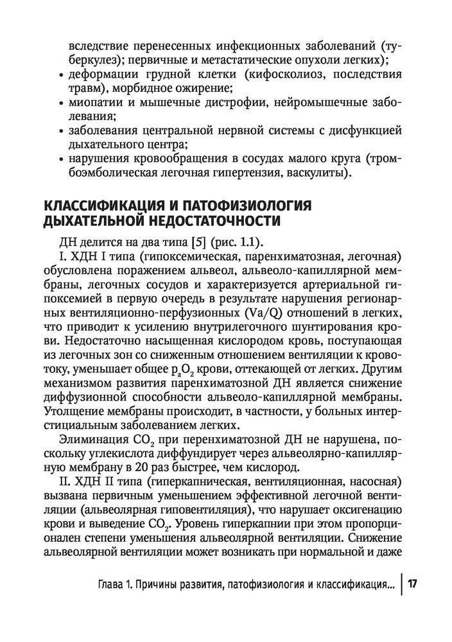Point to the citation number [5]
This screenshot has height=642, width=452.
[x=191, y=243]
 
